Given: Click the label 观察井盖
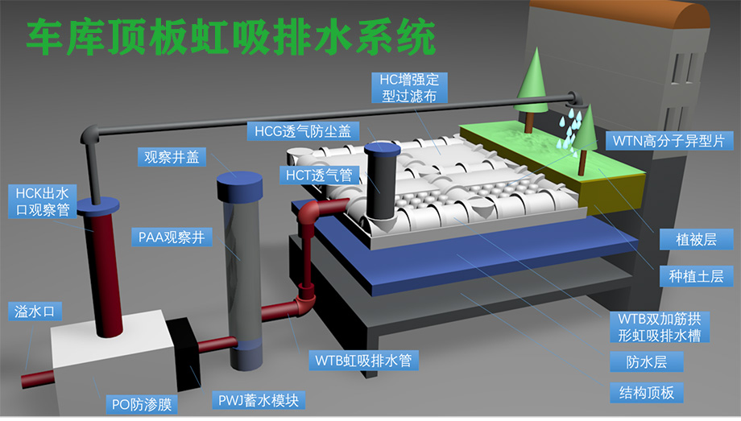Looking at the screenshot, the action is (x=172, y=157).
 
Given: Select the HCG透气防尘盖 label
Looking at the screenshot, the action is (x=303, y=131).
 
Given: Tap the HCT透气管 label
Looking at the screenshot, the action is (x=319, y=175).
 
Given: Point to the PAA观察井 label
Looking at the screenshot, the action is (x=172, y=237).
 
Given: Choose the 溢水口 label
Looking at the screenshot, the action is (x=35, y=312).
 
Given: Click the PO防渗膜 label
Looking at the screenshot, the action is (x=141, y=404).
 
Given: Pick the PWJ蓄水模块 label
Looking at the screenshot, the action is (x=258, y=400).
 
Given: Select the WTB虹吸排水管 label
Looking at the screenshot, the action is (x=363, y=361).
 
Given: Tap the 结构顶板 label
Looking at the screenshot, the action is (x=647, y=392).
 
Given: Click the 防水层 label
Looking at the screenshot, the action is (x=647, y=361).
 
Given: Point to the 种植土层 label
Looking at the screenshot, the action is (x=696, y=276).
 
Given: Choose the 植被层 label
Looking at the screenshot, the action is (x=696, y=240).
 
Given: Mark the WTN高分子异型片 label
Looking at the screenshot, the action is (x=669, y=141).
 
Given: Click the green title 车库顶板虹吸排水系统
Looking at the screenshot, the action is (x=231, y=37).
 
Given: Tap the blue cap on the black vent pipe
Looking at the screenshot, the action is (x=383, y=148).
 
